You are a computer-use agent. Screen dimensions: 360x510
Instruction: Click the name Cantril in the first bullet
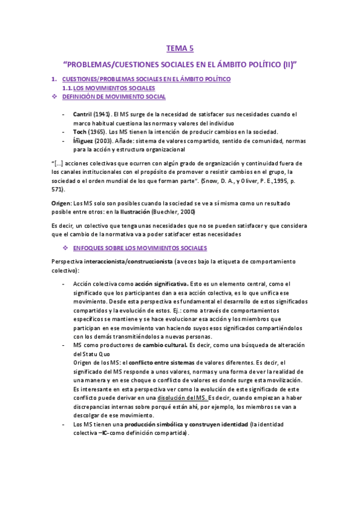tap(82, 113)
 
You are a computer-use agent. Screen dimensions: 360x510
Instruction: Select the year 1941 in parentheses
tap(103, 113)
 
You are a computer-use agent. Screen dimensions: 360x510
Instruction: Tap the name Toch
tap(80, 131)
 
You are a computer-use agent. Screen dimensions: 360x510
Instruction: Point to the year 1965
tap(99, 131)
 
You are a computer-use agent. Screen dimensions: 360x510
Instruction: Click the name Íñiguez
tap(84, 140)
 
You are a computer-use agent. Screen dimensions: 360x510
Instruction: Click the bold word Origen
tap(61, 203)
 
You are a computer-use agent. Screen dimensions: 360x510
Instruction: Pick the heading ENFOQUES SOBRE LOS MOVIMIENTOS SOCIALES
tap(139, 248)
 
